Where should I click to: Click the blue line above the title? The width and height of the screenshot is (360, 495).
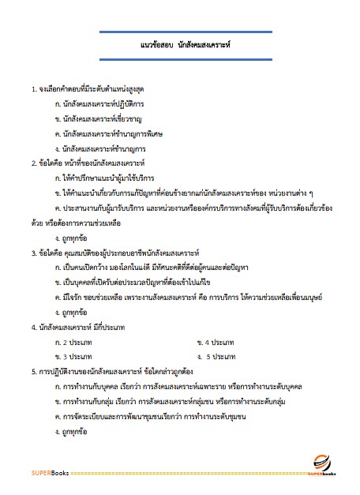(179, 32)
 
